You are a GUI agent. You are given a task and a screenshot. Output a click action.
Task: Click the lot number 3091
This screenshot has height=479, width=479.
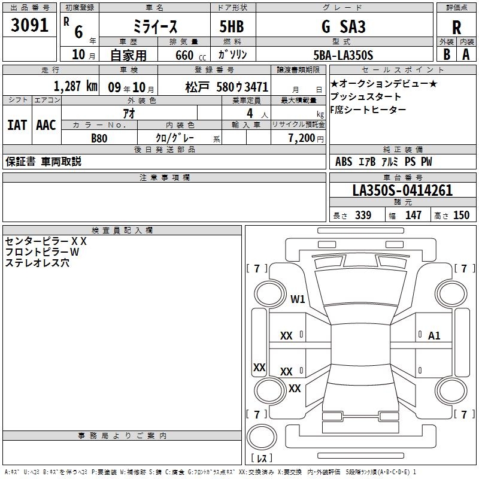[29, 25]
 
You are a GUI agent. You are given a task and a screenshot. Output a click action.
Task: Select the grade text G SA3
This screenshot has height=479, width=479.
[344, 26]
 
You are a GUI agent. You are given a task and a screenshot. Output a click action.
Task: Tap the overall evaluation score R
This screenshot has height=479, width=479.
[456, 28]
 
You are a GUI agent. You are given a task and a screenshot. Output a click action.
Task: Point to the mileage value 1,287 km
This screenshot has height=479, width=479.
[75, 86]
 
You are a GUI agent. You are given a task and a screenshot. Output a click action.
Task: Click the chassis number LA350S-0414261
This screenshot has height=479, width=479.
[402, 190]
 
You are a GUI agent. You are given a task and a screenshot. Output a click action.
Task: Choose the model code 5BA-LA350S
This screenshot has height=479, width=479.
[343, 55]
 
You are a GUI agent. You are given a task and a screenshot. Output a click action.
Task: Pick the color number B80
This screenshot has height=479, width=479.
[99, 138]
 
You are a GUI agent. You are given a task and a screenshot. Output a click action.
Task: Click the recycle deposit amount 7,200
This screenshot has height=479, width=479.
[302, 138]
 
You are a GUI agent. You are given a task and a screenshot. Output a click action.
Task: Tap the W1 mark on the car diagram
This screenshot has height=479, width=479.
[298, 299]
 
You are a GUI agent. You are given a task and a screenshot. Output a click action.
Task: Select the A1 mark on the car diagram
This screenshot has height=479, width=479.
[434, 335]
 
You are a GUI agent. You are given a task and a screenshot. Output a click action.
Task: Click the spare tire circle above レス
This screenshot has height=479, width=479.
[262, 437]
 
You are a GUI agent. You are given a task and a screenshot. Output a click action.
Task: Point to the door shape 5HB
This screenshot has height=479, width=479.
[232, 26]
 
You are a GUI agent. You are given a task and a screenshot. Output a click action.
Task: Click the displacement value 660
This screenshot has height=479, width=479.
[184, 55]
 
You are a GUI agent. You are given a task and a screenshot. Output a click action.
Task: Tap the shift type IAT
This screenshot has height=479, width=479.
[17, 125]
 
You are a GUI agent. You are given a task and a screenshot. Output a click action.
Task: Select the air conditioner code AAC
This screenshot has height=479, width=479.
[46, 125]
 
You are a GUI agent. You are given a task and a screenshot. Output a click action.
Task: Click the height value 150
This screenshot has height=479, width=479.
[461, 215]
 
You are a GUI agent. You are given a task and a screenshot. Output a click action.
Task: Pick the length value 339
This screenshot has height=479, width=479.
[363, 215]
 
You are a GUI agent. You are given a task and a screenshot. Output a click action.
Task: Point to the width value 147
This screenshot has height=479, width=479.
[413, 215]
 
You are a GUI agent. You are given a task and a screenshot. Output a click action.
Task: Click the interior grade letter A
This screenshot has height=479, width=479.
[466, 54]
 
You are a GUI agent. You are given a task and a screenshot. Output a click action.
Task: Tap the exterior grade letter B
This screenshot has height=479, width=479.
[447, 54]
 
